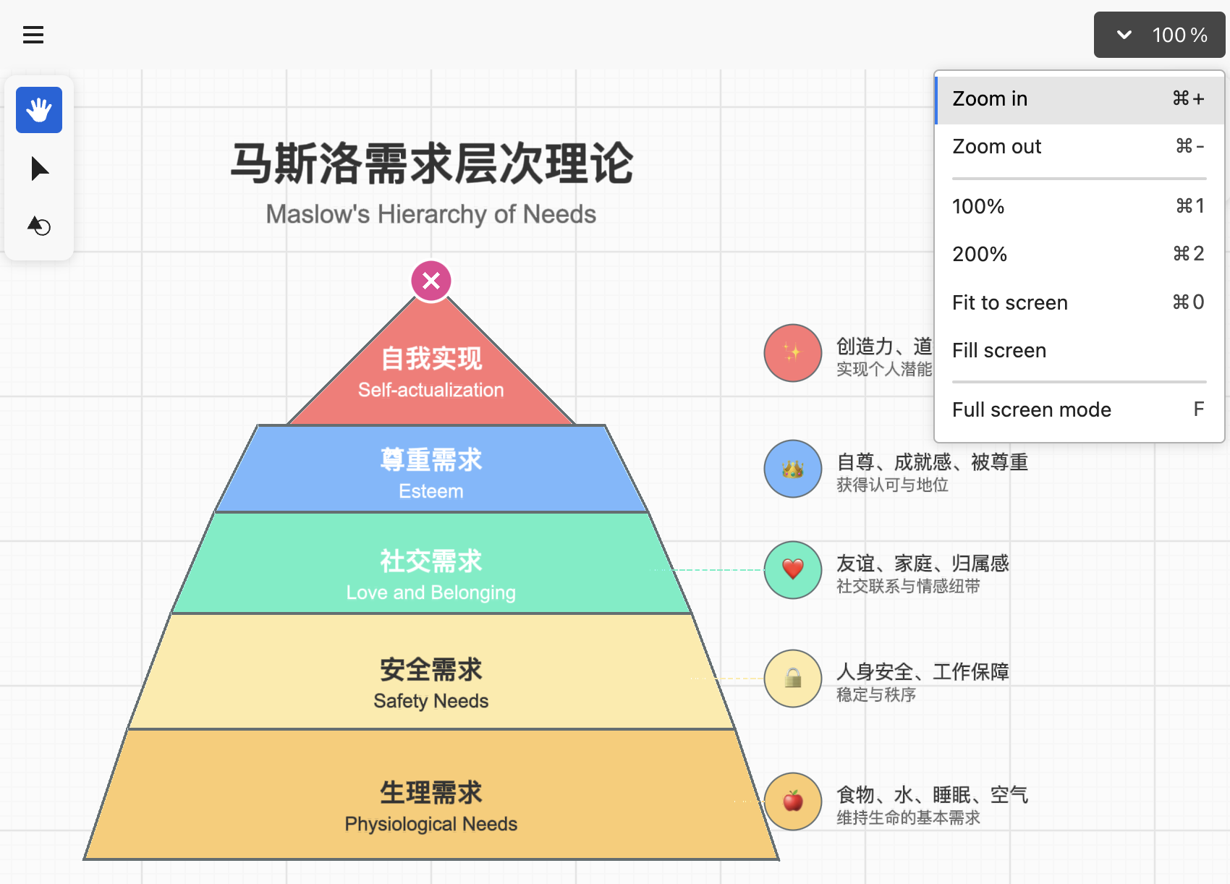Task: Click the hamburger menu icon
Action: pyautogui.click(x=33, y=35)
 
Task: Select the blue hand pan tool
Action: pyautogui.click(x=39, y=110)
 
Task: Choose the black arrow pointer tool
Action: pyautogui.click(x=40, y=169)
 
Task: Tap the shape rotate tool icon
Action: pyautogui.click(x=39, y=226)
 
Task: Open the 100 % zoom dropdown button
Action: pyautogui.click(x=1159, y=35)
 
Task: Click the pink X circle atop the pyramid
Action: pyautogui.click(x=431, y=281)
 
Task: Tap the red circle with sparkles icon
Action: pyautogui.click(x=792, y=352)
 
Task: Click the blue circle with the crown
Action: pyautogui.click(x=792, y=468)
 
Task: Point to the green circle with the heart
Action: pyautogui.click(x=792, y=570)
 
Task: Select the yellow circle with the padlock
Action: pyautogui.click(x=792, y=678)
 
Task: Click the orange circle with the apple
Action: pyautogui.click(x=792, y=801)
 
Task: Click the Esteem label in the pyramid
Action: pyautogui.click(x=431, y=491)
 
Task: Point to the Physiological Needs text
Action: pyautogui.click(x=431, y=824)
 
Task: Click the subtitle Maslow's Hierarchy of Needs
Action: pyautogui.click(x=431, y=214)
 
